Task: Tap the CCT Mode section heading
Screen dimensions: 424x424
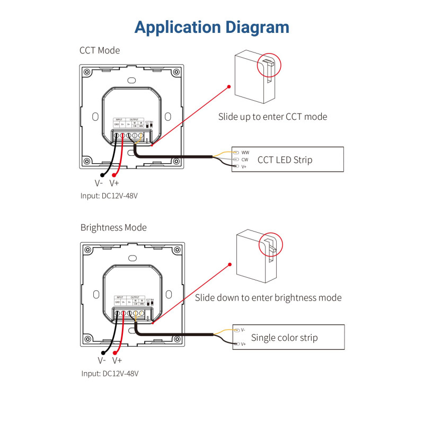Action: click(x=100, y=51)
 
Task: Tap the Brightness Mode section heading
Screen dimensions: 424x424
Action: click(x=113, y=227)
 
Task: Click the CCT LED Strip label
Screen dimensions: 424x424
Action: click(x=285, y=160)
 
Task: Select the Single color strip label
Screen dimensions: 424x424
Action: click(x=285, y=337)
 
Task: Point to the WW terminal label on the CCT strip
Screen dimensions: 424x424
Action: click(x=245, y=152)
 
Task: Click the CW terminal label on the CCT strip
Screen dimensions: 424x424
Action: click(x=245, y=159)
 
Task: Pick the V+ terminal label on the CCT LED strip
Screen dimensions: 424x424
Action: click(x=244, y=166)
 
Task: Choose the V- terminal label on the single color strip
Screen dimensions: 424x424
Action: click(x=243, y=330)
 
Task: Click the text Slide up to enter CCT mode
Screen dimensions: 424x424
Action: click(x=272, y=117)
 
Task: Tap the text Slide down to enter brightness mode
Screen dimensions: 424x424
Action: click(x=268, y=298)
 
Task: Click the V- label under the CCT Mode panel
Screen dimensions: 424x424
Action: click(x=99, y=183)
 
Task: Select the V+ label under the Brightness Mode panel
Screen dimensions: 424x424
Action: click(x=117, y=360)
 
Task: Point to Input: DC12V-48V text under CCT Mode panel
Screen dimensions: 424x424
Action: click(x=110, y=196)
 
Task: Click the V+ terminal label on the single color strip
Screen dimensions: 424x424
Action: click(x=243, y=344)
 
